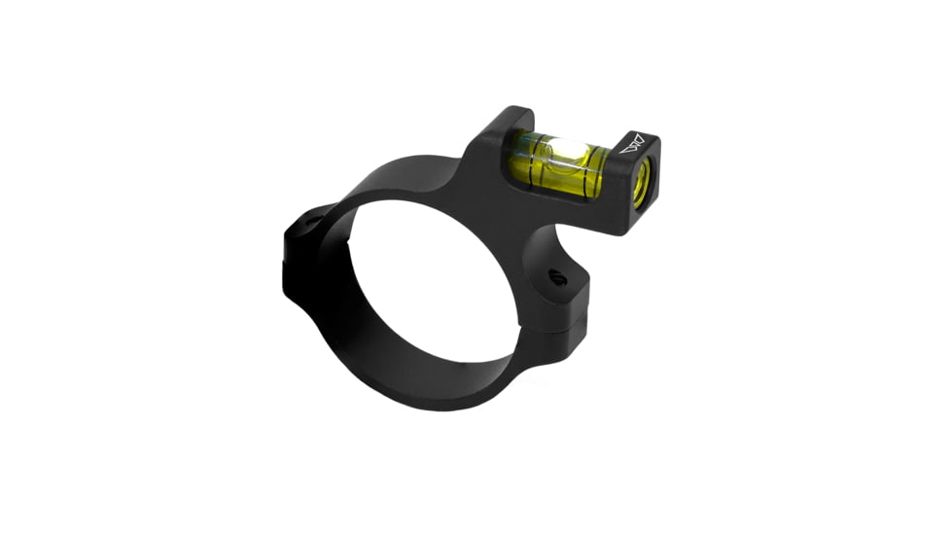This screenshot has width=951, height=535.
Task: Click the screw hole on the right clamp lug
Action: click(x=557, y=279)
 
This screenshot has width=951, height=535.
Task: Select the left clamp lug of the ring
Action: click(x=301, y=243)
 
